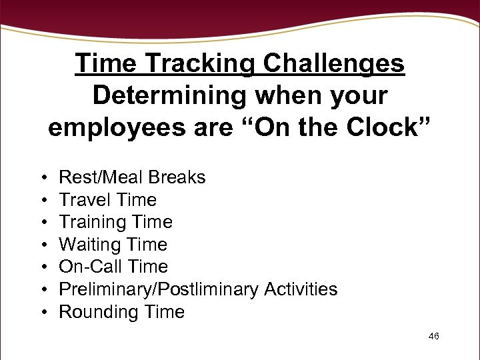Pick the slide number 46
[x=433, y=336]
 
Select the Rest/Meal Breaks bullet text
[x=132, y=177]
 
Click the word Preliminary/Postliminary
[x=159, y=289]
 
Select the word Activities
[x=301, y=289]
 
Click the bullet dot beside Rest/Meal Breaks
[x=42, y=178]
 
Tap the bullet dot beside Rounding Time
[x=42, y=313]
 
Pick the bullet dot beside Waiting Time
[x=42, y=245]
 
